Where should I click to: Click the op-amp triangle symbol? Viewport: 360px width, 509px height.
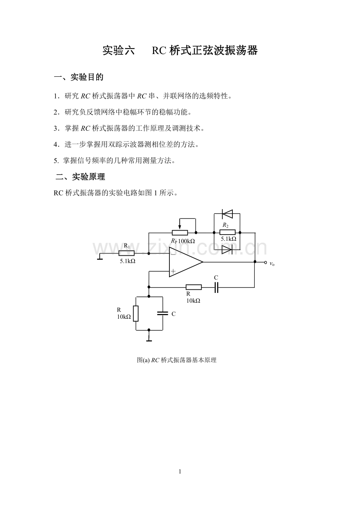click(x=185, y=262)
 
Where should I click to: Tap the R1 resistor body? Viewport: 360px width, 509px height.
click(x=126, y=253)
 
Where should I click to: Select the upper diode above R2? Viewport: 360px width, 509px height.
click(x=227, y=214)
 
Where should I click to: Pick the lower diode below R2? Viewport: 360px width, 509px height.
click(x=227, y=249)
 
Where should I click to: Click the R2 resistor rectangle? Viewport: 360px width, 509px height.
click(x=227, y=232)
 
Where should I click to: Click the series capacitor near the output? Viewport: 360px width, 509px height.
click(x=216, y=287)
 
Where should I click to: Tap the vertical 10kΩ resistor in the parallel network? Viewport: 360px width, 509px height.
click(x=136, y=313)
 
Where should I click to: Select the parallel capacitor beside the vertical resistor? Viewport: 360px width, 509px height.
click(x=162, y=313)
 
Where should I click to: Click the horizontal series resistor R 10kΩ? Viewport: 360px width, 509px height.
click(x=194, y=287)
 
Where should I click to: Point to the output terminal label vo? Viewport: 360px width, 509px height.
click(x=272, y=264)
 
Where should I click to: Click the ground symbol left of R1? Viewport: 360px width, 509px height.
click(x=100, y=257)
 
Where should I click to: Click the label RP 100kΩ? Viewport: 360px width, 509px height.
click(x=183, y=241)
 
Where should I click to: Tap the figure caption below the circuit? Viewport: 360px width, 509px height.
click(x=176, y=360)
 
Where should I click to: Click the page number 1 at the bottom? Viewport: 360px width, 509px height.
click(x=180, y=472)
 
